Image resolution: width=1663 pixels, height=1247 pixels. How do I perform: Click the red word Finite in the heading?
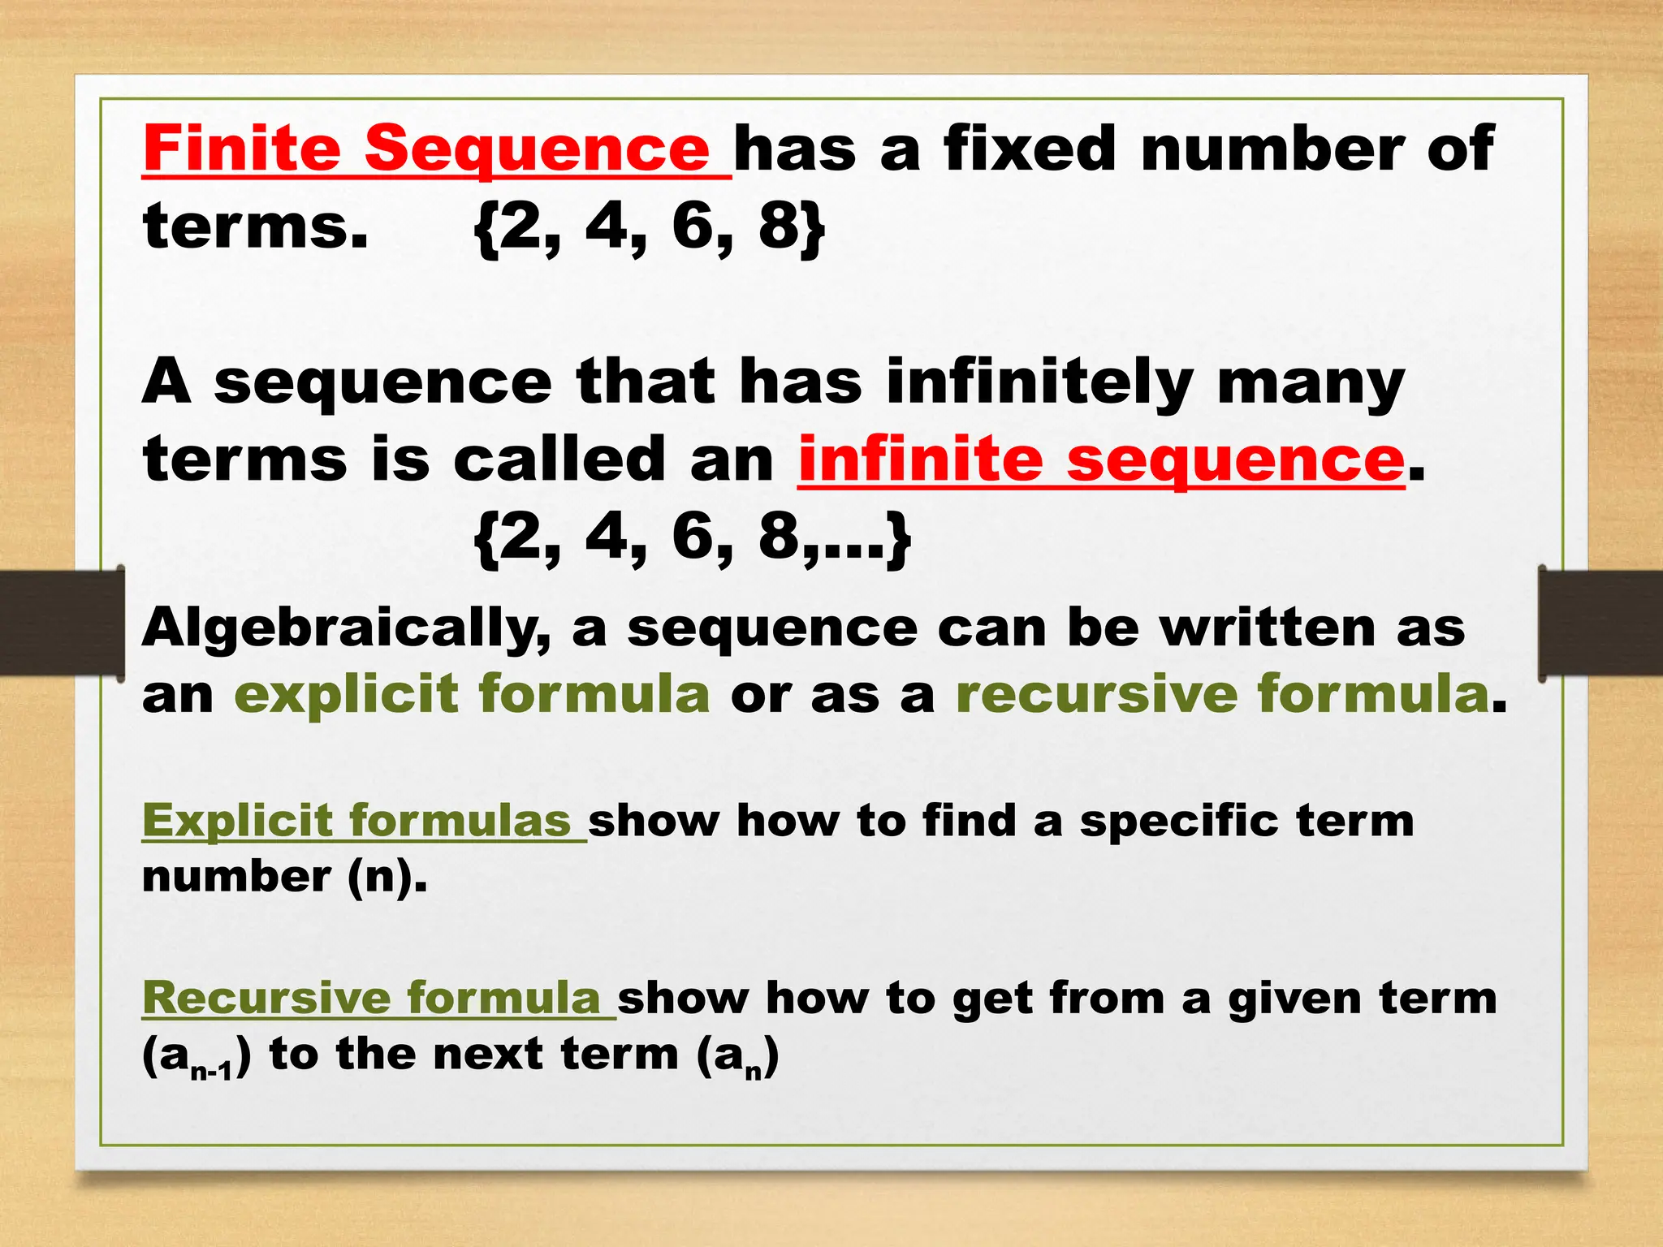241,149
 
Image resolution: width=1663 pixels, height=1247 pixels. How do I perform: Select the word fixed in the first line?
1030,149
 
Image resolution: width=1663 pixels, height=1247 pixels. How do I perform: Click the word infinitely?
1039,382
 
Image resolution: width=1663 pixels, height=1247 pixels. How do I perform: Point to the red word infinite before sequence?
920,460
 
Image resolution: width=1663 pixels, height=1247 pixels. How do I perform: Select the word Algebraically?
346,629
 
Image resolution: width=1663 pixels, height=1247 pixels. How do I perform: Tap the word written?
1267,628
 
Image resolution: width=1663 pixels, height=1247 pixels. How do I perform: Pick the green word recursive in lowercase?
1095,694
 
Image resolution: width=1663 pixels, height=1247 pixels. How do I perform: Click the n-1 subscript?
211,1072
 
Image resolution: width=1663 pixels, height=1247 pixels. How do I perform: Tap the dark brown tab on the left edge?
61,623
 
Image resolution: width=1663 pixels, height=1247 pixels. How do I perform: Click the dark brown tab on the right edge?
1600,623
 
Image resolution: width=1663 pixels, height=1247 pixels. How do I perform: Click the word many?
1311,382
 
